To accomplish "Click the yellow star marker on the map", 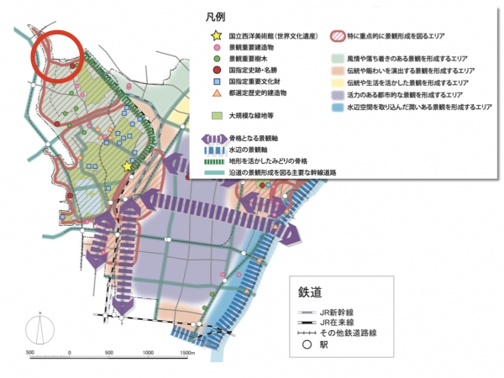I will click(128, 166).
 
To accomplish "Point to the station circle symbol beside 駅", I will click(308, 343).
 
